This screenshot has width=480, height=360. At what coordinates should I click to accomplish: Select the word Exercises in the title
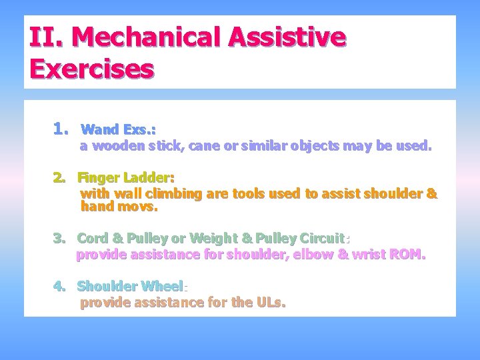point(92,68)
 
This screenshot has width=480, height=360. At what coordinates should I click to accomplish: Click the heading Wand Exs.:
point(118,129)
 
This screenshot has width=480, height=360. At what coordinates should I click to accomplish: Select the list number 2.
point(61,178)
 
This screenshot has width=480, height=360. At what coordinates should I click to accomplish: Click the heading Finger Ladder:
point(125,178)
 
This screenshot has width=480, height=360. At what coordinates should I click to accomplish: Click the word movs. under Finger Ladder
point(138,207)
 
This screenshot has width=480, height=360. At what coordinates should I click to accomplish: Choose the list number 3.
point(61,238)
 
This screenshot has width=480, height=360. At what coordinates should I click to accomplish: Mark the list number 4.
point(61,287)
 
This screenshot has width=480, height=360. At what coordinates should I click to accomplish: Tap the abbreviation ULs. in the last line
point(270,303)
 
